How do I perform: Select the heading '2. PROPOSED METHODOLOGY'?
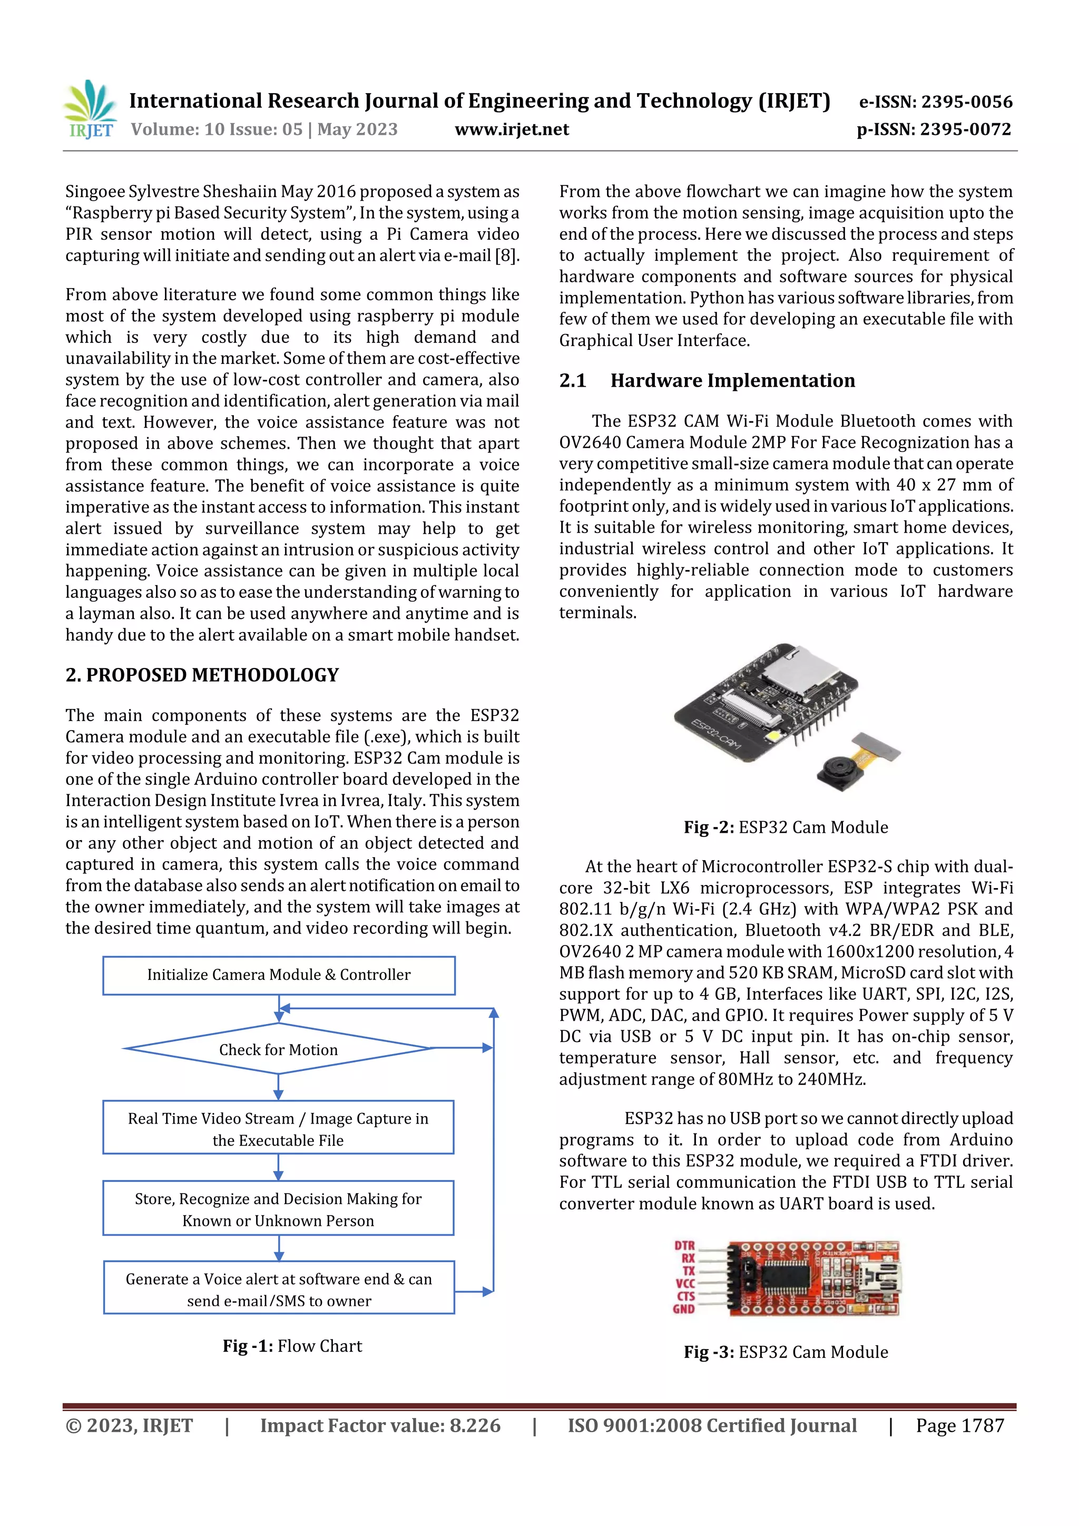click(202, 675)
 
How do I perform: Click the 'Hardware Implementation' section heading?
click(733, 381)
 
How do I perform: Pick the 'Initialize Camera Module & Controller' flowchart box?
click(279, 975)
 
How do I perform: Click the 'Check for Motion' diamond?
click(279, 1049)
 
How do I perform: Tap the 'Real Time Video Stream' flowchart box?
click(279, 1129)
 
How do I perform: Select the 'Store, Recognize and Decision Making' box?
click(279, 1209)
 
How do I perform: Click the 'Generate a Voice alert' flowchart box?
click(279, 1289)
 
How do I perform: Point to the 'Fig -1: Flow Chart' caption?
click(292, 1346)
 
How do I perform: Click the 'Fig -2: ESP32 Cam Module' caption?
click(786, 828)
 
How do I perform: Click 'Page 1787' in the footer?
click(959, 1425)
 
